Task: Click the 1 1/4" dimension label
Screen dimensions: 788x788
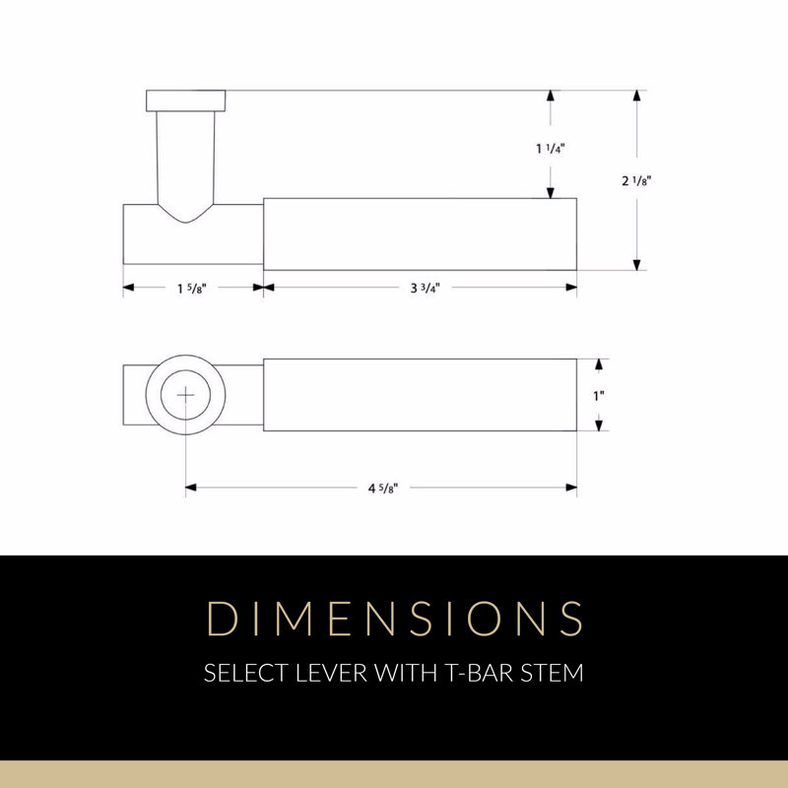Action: [x=551, y=149]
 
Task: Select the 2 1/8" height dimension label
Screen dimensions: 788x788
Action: [x=636, y=180]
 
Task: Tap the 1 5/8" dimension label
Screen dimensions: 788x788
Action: [x=191, y=289]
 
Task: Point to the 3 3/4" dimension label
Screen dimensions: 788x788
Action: [x=426, y=288]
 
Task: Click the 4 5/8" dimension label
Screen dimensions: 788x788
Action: [x=383, y=488]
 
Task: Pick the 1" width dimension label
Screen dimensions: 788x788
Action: [x=599, y=396]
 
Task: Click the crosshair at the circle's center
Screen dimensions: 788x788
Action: [x=185, y=396]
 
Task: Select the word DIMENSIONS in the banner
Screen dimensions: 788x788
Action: [x=395, y=619]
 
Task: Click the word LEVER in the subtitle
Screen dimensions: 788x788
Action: [x=332, y=673]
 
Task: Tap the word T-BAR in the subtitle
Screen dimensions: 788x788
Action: [x=480, y=673]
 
